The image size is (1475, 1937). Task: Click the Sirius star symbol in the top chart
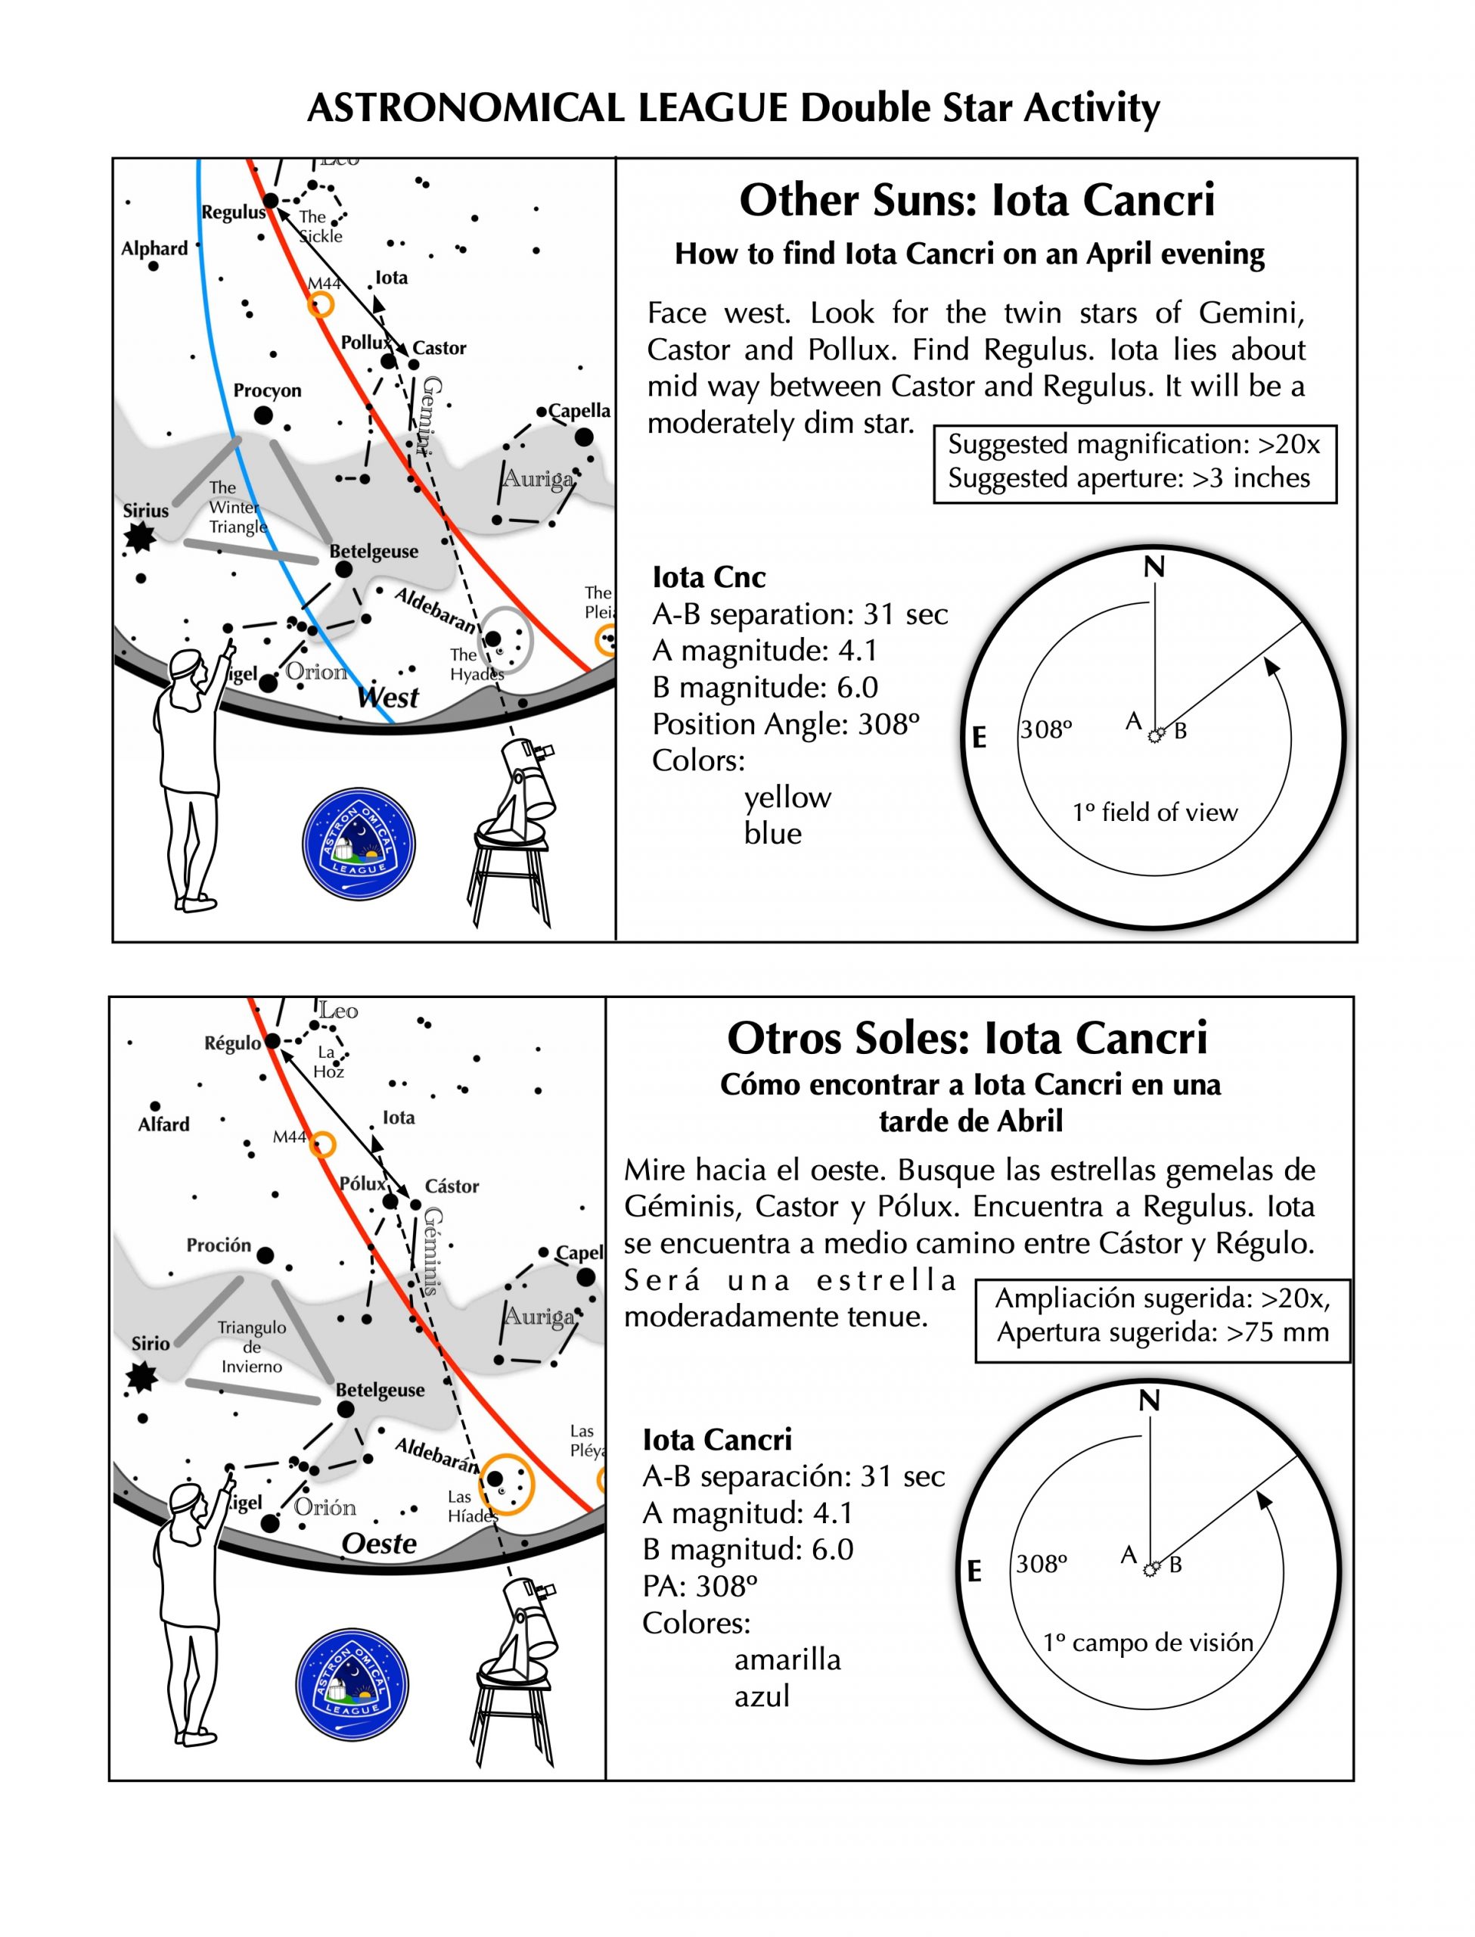click(138, 536)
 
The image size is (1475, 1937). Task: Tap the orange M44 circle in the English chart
click(321, 305)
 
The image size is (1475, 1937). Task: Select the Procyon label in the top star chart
click(267, 390)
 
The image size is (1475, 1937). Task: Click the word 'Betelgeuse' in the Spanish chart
click(379, 1390)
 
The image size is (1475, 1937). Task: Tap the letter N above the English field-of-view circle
click(1154, 568)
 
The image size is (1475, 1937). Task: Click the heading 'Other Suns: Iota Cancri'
click(977, 201)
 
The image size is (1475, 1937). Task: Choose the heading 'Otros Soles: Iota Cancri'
click(967, 1038)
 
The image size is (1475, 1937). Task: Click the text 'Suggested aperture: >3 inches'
click(1129, 478)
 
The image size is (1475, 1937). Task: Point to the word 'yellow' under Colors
click(787, 797)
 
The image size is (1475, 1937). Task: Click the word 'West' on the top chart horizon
click(388, 698)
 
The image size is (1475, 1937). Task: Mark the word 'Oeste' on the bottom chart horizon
click(379, 1544)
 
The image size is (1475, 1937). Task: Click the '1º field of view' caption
click(1154, 812)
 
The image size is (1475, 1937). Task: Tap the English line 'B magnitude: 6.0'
click(765, 688)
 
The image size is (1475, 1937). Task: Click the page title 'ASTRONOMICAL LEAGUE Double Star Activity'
click(733, 109)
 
